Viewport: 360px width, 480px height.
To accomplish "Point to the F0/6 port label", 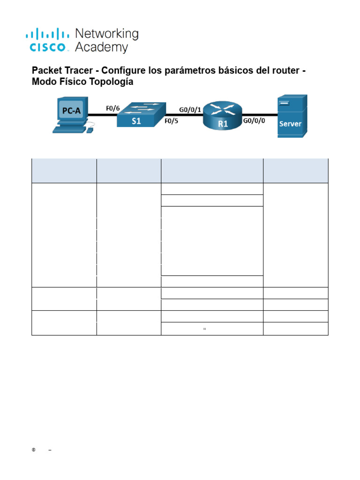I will [x=112, y=108].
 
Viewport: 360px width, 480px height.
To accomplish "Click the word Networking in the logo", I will [x=107, y=34].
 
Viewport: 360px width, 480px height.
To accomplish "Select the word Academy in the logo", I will [x=101, y=47].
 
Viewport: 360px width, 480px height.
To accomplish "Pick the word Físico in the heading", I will [x=71, y=82].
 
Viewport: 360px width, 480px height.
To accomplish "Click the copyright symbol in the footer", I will [x=34, y=450].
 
